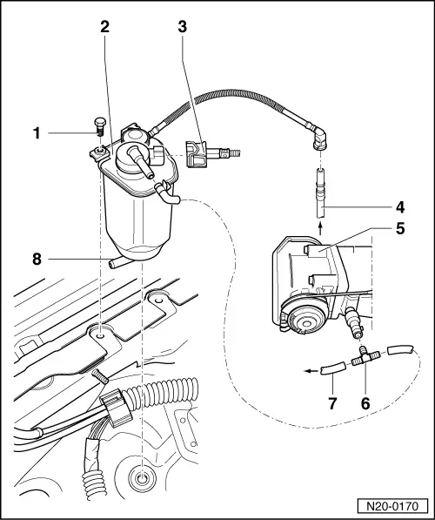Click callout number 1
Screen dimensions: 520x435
pos(37,133)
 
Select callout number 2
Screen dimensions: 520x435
pos(104,26)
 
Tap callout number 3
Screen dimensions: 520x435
pos(182,26)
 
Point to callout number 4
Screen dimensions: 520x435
pos(399,208)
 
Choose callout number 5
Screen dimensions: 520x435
pos(399,231)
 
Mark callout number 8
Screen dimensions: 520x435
pos(37,258)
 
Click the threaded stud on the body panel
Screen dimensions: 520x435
pos(97,375)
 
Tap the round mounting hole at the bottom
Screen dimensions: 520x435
pos(140,477)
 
